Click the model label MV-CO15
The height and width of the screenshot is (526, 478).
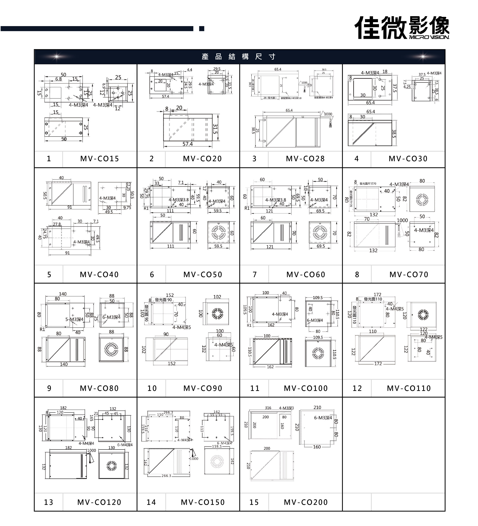[99, 159]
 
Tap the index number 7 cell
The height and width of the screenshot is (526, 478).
[254, 274]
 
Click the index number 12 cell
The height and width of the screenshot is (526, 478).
[357, 388]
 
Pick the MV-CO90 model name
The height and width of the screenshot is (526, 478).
[203, 388]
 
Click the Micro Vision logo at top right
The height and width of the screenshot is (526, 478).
[402, 27]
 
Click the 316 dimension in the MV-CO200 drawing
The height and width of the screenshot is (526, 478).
[268, 408]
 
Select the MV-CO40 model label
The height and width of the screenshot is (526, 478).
[99, 274]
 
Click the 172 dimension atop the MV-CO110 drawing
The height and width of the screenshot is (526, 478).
[377, 294]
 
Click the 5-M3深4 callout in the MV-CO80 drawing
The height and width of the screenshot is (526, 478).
[74, 319]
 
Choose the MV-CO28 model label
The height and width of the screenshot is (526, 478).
[305, 159]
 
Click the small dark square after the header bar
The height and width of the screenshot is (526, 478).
[201, 28]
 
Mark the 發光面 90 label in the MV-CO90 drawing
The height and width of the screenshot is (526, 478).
[163, 300]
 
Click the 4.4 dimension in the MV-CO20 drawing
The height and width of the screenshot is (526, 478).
[189, 70]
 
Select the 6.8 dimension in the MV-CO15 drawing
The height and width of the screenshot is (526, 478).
[59, 79]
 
